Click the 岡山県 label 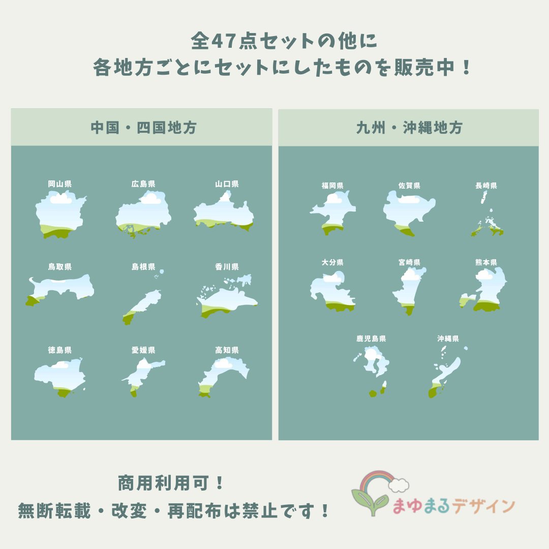tap(60, 184)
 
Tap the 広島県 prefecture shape tap(143, 213)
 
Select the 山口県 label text tap(227, 184)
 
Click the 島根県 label tap(143, 267)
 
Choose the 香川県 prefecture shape tap(228, 297)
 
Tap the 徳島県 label tap(60, 350)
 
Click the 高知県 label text tap(227, 350)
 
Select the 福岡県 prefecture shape tap(333, 213)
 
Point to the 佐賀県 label tap(409, 186)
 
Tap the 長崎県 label tap(486, 186)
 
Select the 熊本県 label tap(486, 262)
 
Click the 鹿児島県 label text tap(371, 339)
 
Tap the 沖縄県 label tap(448, 339)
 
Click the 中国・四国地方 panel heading tap(143, 128)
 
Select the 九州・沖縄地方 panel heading tap(409, 128)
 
